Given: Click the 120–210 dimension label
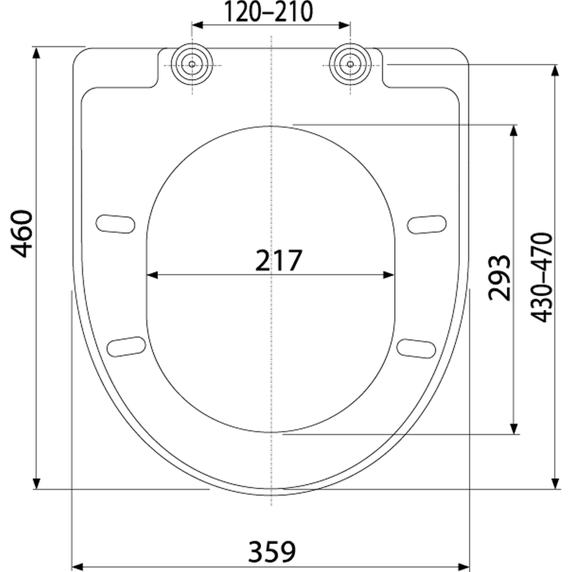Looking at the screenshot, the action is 268,11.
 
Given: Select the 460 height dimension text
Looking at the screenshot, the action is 22,234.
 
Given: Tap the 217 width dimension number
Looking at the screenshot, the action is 279,260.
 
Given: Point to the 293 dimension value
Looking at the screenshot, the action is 499,278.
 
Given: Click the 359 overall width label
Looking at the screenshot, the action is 272,551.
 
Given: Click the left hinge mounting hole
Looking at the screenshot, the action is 192,64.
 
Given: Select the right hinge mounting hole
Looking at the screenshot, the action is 350,64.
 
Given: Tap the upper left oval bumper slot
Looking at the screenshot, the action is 116,224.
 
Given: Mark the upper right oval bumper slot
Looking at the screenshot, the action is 427,224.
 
